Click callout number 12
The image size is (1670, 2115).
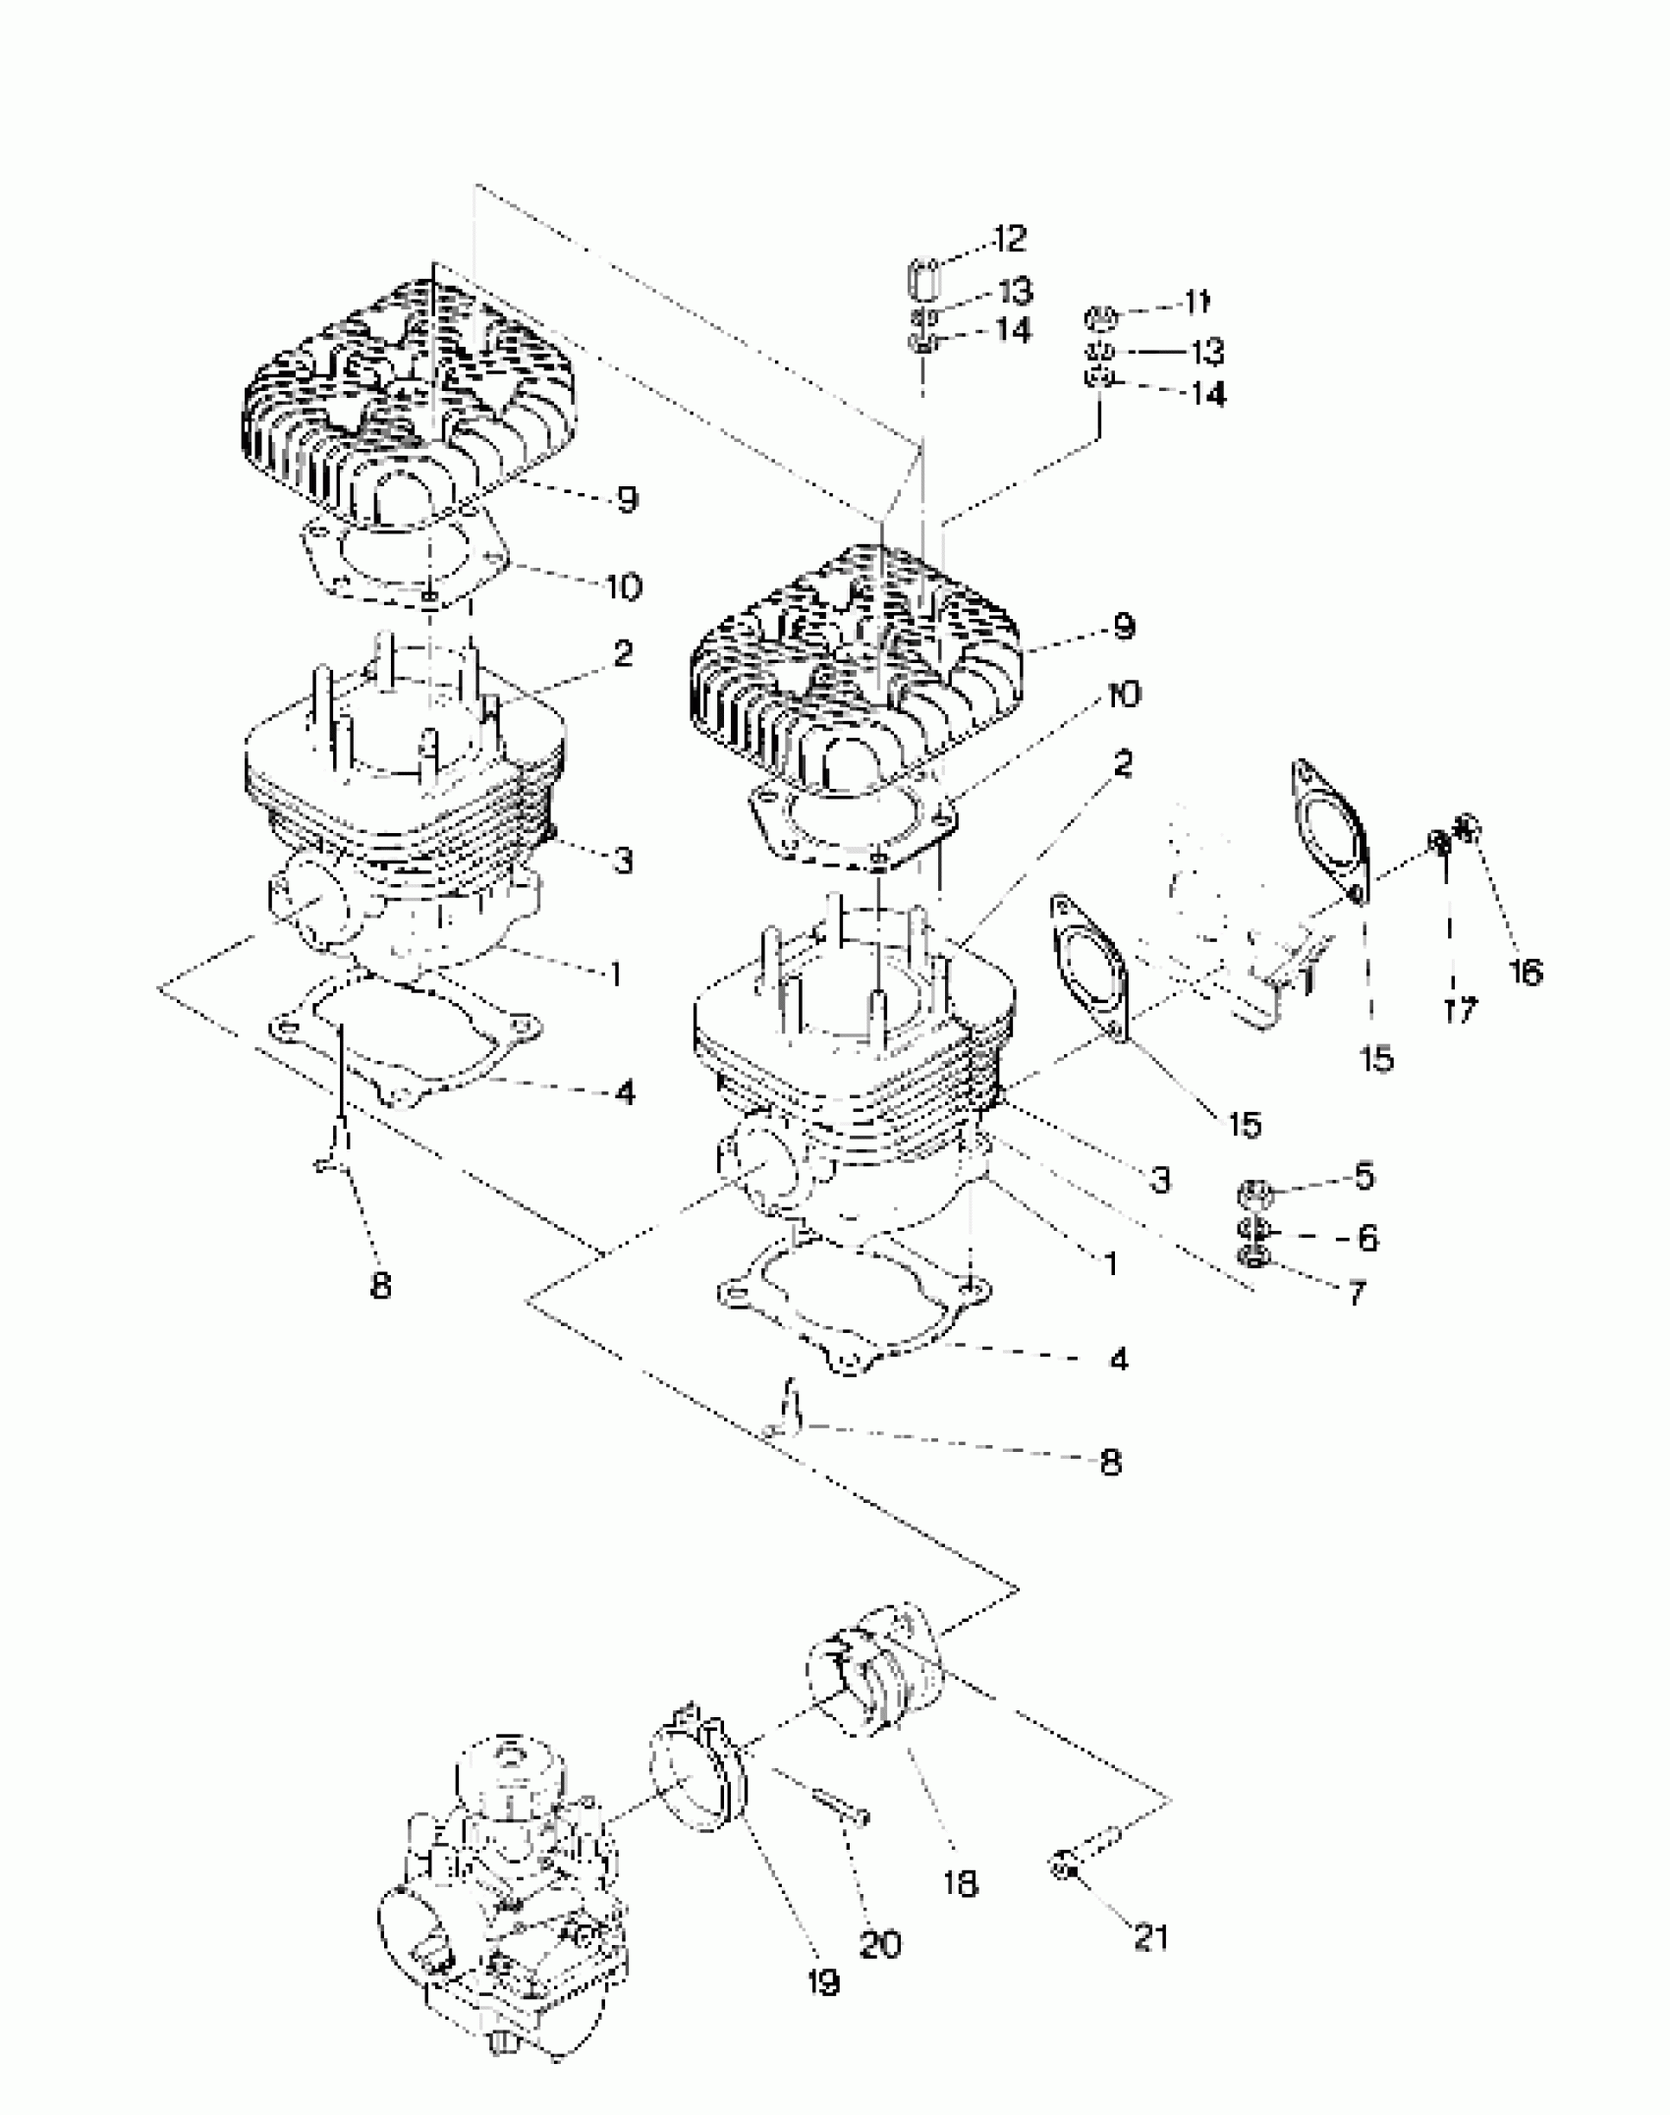pos(1009,238)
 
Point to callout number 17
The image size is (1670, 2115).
pos(1460,1010)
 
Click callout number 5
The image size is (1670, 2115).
pos(1364,1176)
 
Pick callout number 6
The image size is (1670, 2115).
pos(1367,1237)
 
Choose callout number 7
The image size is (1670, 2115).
pos(1356,1293)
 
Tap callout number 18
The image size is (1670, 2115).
pos(960,1883)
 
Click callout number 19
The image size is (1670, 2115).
pos(823,1982)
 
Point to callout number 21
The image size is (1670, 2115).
pos(1150,1936)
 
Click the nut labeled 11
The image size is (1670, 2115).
pos(1101,317)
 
